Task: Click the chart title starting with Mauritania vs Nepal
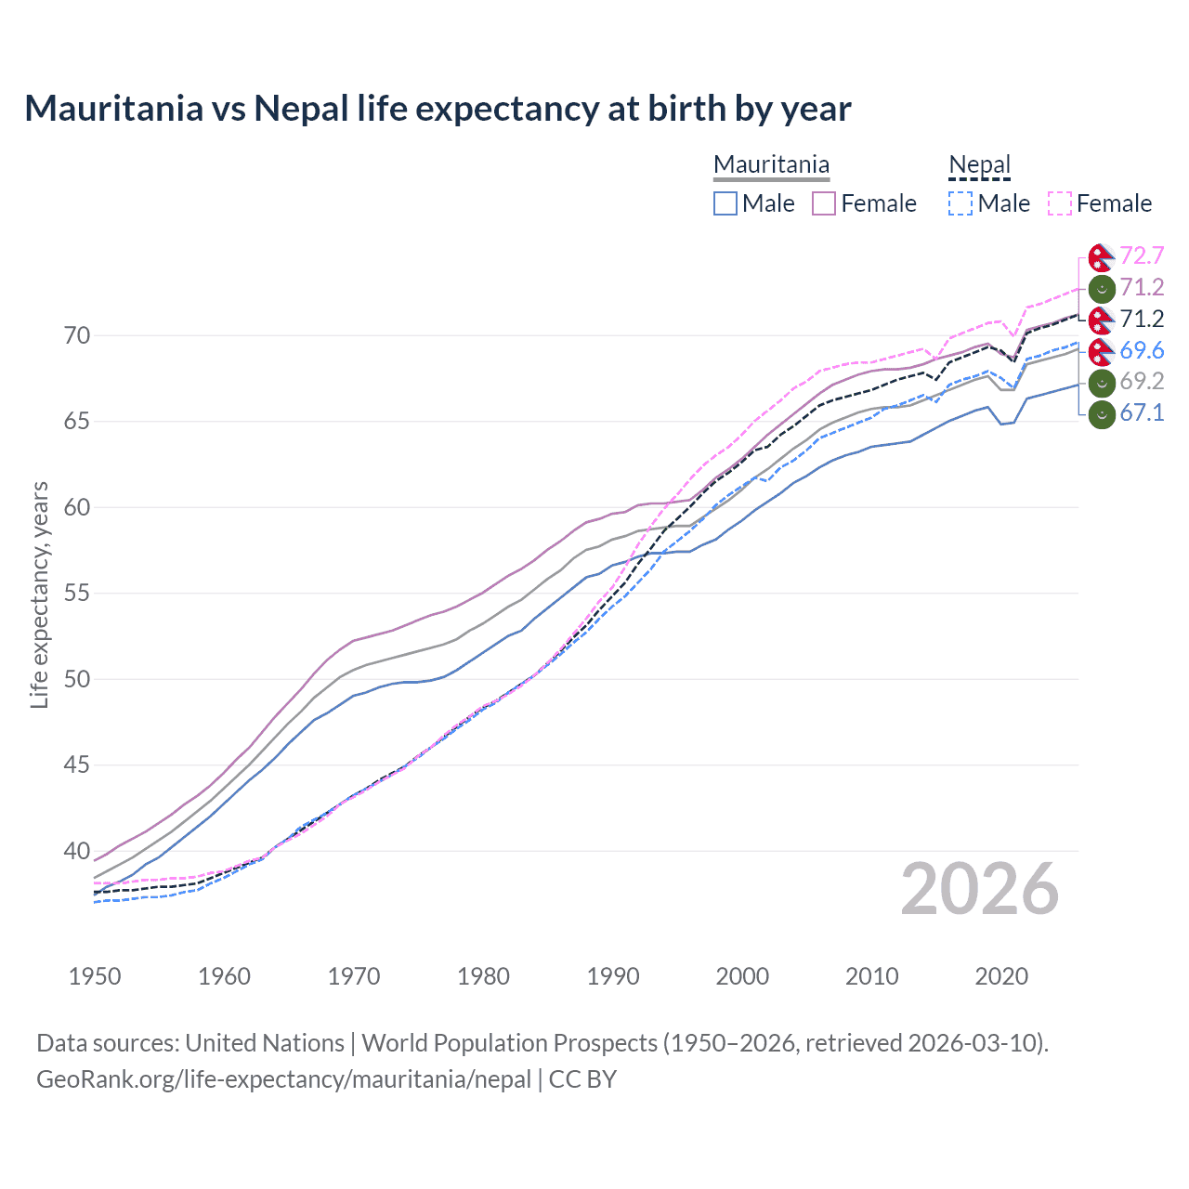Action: (x=438, y=109)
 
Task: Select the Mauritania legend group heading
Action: (x=771, y=164)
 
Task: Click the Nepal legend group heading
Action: (x=979, y=164)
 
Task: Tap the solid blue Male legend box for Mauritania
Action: (x=725, y=203)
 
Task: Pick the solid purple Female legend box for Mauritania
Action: (x=824, y=203)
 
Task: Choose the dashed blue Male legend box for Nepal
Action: (x=960, y=203)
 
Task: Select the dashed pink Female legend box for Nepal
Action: (x=1060, y=203)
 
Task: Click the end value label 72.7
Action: (x=1142, y=255)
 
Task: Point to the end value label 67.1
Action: (x=1142, y=412)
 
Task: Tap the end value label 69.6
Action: (x=1142, y=350)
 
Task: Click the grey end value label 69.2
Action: (x=1142, y=381)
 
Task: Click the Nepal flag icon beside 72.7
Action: (x=1102, y=256)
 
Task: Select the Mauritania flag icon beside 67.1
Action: (x=1102, y=413)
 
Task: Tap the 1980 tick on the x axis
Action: (x=483, y=976)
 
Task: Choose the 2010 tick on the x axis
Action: (x=871, y=976)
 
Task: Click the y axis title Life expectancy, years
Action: (x=39, y=594)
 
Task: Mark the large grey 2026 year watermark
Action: (x=979, y=889)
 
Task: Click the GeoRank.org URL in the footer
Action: (x=283, y=1079)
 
